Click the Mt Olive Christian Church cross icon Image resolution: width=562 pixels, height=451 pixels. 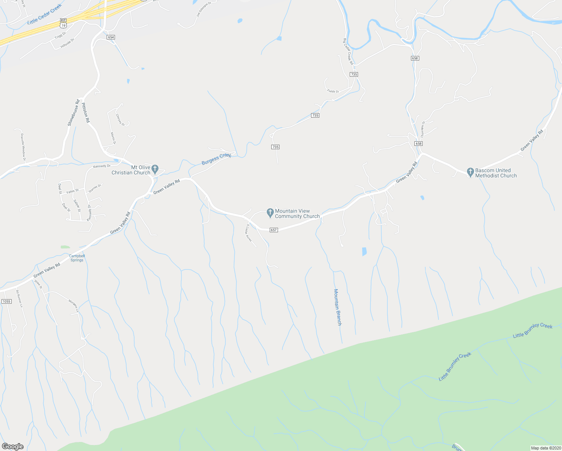tap(155, 168)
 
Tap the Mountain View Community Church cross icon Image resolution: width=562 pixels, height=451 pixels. tap(270, 213)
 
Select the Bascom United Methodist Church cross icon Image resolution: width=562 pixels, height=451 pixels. tap(470, 172)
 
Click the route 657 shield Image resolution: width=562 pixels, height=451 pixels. tap(273, 230)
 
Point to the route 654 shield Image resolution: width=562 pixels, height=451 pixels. tap(110, 37)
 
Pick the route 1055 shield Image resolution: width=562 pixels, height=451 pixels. tap(6, 301)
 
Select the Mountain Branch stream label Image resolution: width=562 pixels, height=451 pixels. tap(337, 307)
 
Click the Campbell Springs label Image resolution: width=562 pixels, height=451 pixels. tap(77, 258)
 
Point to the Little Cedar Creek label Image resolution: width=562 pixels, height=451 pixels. tap(44, 15)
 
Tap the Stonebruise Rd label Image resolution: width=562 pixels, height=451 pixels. tap(73, 113)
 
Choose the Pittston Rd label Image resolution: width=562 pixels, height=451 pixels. tap(86, 112)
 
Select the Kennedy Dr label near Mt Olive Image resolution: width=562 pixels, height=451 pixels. tap(102, 166)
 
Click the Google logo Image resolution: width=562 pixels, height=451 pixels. tap(13, 446)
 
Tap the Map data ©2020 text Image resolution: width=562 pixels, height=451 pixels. tap(545, 448)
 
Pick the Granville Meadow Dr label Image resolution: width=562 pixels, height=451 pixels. tap(23, 147)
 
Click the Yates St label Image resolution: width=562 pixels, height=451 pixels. tap(73, 192)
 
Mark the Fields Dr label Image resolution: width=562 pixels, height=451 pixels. tap(333, 91)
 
